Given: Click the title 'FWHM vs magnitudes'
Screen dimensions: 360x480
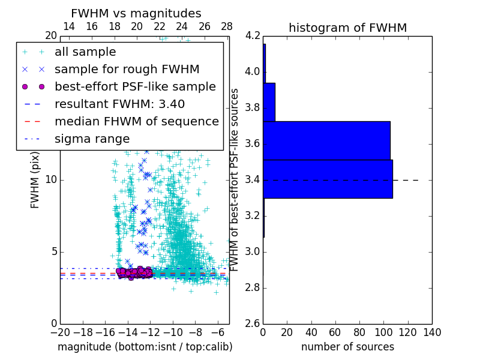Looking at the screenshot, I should coord(136,13).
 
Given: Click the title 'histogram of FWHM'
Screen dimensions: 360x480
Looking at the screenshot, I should coord(347,28).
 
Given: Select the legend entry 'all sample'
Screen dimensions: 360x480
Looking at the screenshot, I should coord(85,52).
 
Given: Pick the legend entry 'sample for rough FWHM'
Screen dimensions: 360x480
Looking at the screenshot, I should coord(127,70).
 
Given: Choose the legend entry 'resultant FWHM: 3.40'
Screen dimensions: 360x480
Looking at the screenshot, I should coord(119,104).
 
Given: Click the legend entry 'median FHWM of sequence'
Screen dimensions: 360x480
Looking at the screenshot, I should coord(136,122).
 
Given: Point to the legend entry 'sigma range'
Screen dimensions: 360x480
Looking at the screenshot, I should coord(92,139).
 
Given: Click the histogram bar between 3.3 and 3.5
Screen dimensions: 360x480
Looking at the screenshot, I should coord(328,179).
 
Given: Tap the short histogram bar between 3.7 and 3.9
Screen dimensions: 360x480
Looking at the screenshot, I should coord(269,102).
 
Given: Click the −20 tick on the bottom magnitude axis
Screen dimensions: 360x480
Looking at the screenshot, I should coord(60,332).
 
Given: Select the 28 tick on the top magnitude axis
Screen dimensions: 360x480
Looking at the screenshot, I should coord(227,27).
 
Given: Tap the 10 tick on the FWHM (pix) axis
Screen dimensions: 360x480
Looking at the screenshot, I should coord(52,180).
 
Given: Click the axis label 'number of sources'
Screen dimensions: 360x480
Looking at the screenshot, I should coord(347,347).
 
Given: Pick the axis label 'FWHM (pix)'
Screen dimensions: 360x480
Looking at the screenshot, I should coord(35,180).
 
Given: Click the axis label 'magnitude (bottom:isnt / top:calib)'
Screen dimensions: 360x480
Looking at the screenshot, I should coord(145,347).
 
